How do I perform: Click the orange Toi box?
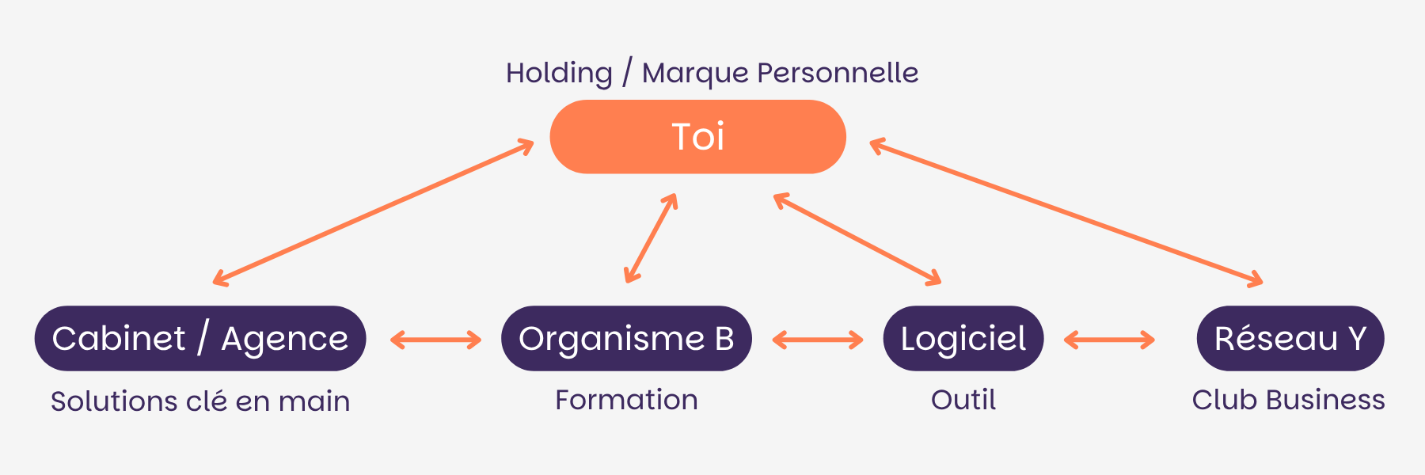click(697, 137)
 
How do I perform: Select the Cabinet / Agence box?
click(199, 339)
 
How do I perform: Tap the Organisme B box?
click(626, 339)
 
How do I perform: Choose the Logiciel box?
click(963, 339)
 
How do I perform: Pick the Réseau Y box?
click(1290, 339)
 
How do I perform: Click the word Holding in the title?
click(559, 73)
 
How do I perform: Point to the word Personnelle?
click(838, 73)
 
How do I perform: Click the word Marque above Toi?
click(694, 74)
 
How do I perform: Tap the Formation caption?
click(626, 400)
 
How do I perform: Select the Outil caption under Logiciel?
click(963, 400)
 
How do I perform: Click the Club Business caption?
click(1288, 400)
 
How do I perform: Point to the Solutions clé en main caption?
click(199, 401)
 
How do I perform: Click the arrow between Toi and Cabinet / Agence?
click(374, 212)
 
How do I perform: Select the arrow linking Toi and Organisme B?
click(651, 238)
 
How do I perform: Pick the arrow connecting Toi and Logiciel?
click(857, 238)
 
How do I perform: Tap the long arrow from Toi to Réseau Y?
click(1066, 212)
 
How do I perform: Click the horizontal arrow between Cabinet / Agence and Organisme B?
click(435, 340)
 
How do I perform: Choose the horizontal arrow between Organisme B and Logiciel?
click(817, 340)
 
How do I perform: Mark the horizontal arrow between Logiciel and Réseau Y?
click(1109, 340)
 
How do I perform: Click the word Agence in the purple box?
click(284, 339)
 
